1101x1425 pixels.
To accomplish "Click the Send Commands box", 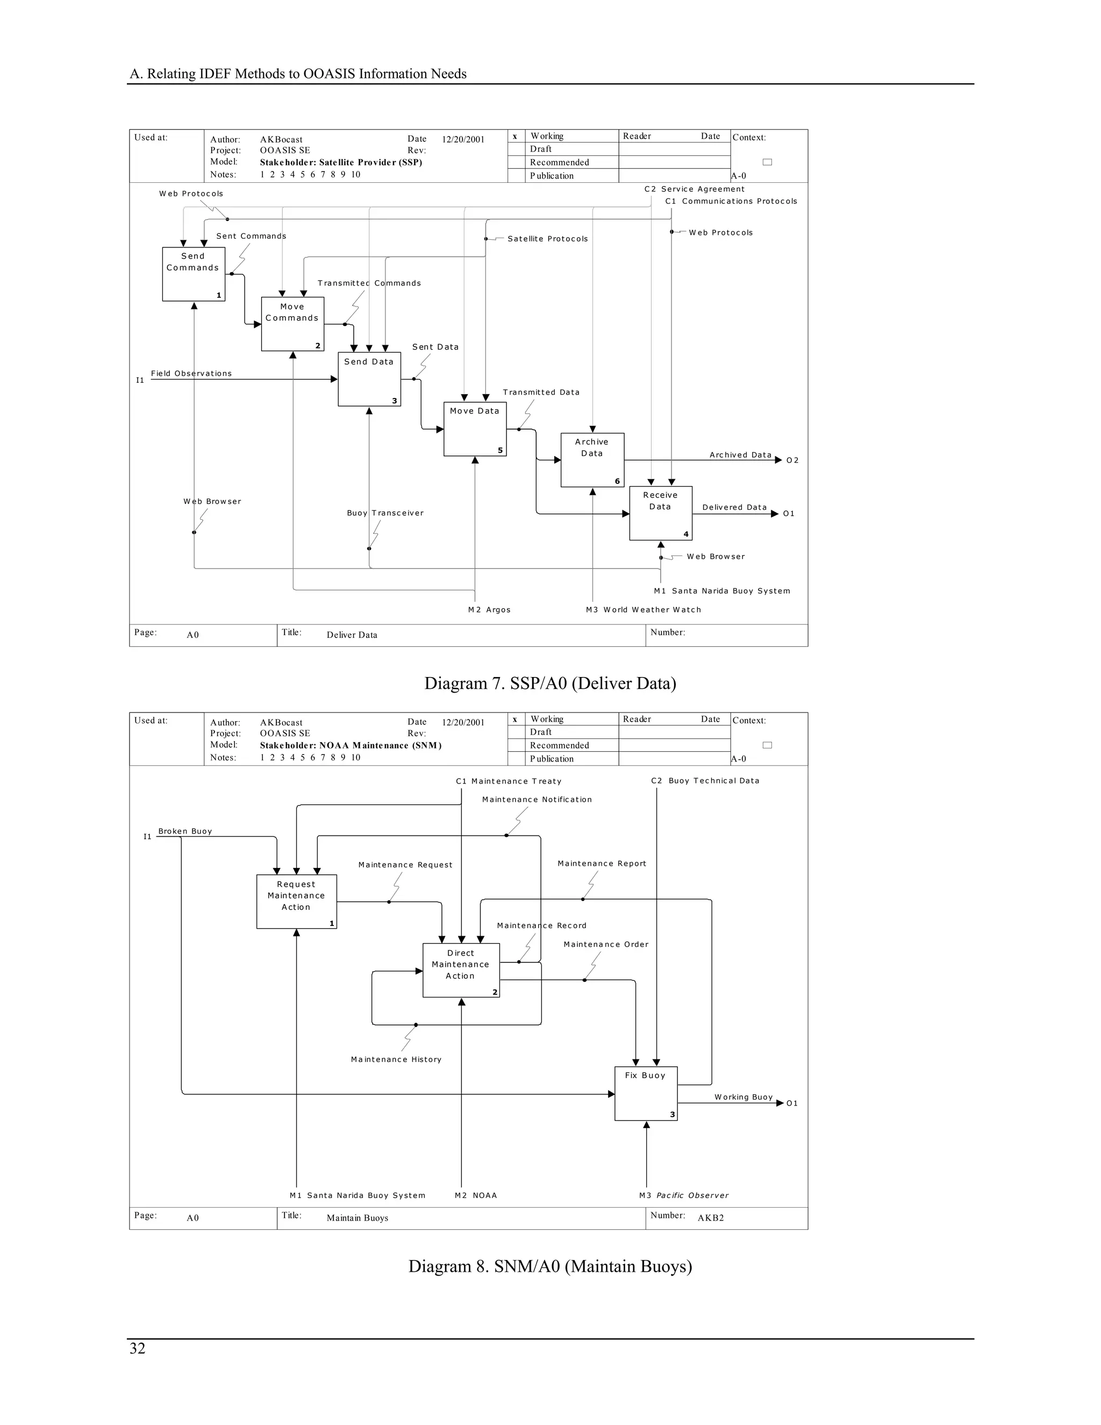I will tap(193, 274).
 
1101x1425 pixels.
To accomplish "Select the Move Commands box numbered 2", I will tap(292, 324).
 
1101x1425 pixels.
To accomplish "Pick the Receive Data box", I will tap(660, 513).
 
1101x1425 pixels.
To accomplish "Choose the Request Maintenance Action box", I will tap(296, 901).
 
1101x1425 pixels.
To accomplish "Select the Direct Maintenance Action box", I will tap(461, 970).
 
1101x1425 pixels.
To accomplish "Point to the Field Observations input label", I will tap(191, 373).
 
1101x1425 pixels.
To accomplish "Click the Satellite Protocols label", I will tap(547, 239).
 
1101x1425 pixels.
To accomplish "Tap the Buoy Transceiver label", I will tap(385, 513).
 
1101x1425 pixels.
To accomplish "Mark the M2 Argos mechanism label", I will tap(489, 609).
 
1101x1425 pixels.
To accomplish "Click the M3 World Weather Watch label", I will tap(643, 609).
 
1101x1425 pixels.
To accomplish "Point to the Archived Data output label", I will tap(740, 455).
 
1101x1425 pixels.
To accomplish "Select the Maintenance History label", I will tap(396, 1059).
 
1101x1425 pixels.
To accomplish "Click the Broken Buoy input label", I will tap(184, 831).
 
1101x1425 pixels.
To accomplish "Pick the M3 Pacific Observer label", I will tap(684, 1195).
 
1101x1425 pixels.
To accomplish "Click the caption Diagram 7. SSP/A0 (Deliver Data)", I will tap(550, 683).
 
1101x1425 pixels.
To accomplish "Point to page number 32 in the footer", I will tap(138, 1348).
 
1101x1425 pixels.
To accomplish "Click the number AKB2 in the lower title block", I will tap(710, 1217).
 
